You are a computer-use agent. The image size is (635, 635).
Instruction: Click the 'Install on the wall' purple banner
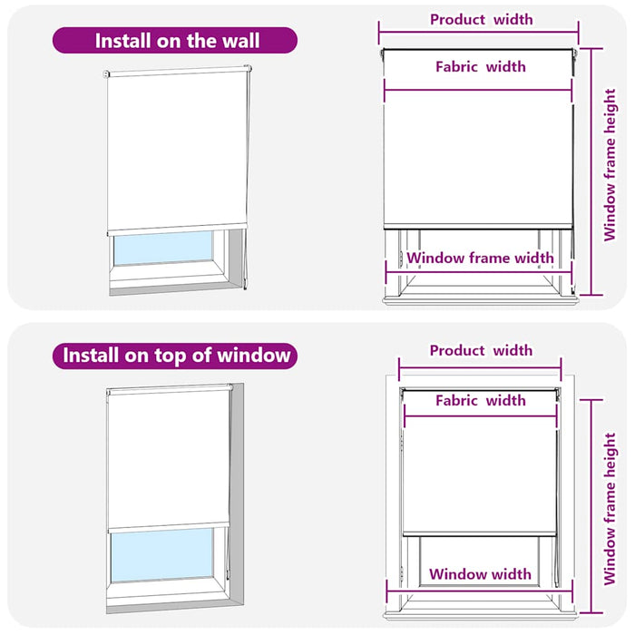[x=175, y=41]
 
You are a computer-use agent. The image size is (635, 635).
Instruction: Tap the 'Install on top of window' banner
[x=175, y=356]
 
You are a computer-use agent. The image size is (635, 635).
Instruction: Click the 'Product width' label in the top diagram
[x=481, y=19]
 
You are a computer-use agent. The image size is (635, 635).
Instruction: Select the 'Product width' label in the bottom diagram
[x=481, y=350]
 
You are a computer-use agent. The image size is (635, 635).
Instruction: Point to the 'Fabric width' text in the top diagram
[x=481, y=66]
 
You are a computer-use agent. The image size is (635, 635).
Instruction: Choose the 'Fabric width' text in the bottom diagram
[x=481, y=401]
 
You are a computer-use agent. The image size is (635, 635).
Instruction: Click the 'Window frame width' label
[x=480, y=258]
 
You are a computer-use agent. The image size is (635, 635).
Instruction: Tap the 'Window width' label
[x=480, y=574]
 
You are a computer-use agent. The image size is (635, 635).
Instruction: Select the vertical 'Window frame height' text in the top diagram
[x=610, y=165]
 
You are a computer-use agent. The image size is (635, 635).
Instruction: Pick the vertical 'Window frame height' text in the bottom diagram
[x=610, y=509]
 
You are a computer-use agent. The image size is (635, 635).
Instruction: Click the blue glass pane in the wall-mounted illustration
[x=162, y=248]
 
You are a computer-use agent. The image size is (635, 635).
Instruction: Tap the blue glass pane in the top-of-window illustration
[x=162, y=555]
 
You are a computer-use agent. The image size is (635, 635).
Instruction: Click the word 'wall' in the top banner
[x=240, y=41]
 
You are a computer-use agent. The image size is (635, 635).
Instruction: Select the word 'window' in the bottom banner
[x=254, y=356]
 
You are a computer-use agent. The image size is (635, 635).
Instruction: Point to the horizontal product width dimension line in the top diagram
[x=479, y=33]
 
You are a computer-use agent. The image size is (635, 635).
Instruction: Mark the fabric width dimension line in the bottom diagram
[x=481, y=415]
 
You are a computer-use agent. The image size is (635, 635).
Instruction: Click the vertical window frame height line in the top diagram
[x=591, y=171]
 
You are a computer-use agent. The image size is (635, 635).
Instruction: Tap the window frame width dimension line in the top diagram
[x=479, y=272]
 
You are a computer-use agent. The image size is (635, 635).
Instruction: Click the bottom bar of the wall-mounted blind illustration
[x=177, y=230]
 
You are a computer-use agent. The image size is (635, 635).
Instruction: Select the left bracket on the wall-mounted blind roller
[x=106, y=74]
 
